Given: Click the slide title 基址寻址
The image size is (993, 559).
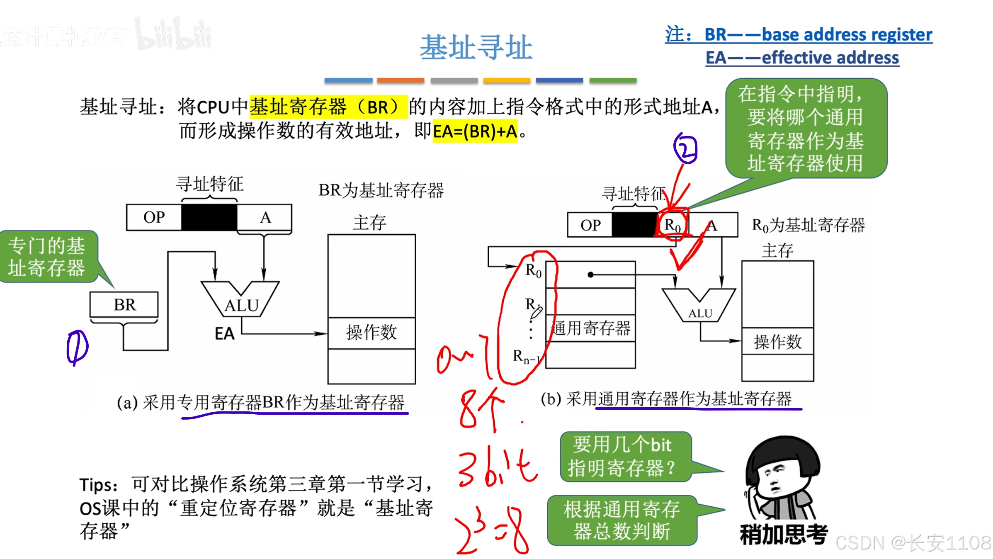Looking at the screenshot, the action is tap(476, 47).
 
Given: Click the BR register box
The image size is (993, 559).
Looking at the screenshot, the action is tap(124, 305).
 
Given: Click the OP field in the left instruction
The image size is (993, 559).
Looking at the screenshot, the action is tap(154, 217).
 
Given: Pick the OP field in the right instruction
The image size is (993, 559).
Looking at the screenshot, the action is tap(590, 225).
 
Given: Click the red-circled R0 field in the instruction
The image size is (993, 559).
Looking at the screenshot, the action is tap(672, 225).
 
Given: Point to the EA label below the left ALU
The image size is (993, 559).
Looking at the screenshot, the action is tap(224, 334).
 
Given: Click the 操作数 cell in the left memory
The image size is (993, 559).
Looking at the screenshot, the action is tap(371, 333).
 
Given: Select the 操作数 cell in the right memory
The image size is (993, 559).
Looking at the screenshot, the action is tap(777, 342).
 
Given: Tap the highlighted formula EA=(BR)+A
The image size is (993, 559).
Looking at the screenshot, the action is tap(475, 131).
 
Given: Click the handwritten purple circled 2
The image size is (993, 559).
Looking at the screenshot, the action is tap(686, 148).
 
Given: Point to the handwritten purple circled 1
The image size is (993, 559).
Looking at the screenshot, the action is tap(77, 347).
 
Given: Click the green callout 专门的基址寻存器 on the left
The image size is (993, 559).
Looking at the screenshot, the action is tap(46, 257).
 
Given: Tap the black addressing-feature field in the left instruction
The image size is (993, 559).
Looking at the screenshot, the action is tap(209, 217).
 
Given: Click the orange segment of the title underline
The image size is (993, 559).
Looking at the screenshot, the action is tap(401, 80).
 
